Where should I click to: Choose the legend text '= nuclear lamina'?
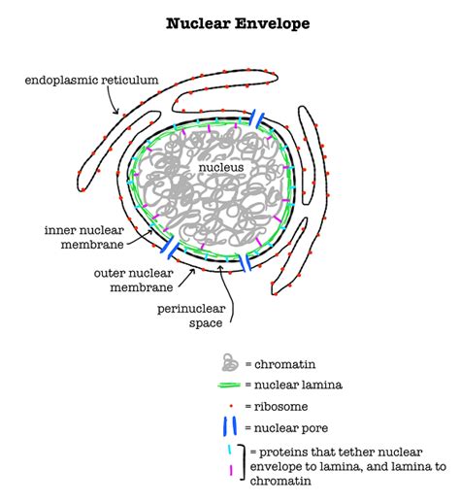pyautogui.click(x=293, y=385)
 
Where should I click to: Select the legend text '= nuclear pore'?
pyautogui.click(x=290, y=427)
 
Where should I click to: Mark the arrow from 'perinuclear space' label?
pyautogui.click(x=226, y=284)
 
